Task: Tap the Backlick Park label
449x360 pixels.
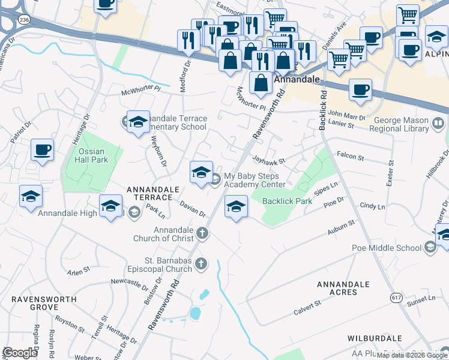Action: pyautogui.click(x=287, y=201)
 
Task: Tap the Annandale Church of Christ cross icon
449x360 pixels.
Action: pyautogui.click(x=203, y=233)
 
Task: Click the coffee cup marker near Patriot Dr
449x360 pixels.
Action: pyautogui.click(x=42, y=150)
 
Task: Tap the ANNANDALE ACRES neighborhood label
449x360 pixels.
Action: pyautogui.click(x=345, y=288)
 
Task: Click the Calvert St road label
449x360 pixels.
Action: pyautogui.click(x=308, y=310)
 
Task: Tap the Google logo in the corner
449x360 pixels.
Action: pyautogui.click(x=20, y=353)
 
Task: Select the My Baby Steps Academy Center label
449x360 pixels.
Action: pyautogui.click(x=254, y=181)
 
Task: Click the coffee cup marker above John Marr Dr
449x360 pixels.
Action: pyautogui.click(x=360, y=90)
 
